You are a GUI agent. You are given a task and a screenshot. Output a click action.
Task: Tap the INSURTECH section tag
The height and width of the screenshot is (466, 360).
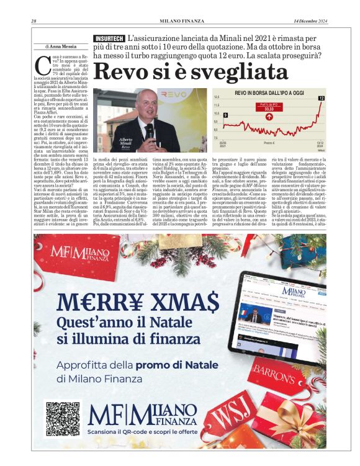pyautogui.click(x=109, y=38)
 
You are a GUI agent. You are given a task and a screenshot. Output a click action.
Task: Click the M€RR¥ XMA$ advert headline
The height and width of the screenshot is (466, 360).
pyautogui.click(x=138, y=302)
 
